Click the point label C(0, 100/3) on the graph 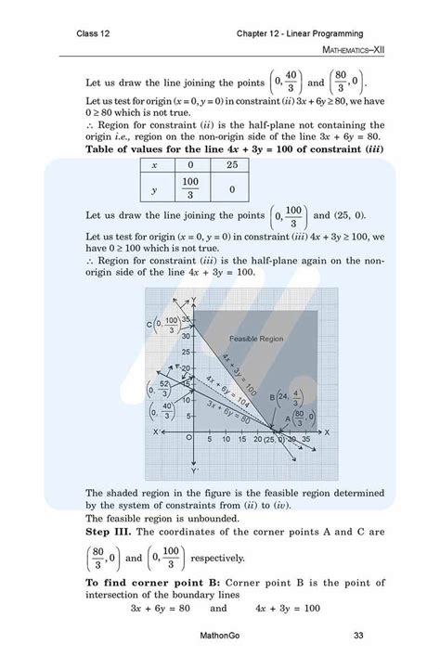[x=163, y=324]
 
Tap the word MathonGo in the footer [x=219, y=637]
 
